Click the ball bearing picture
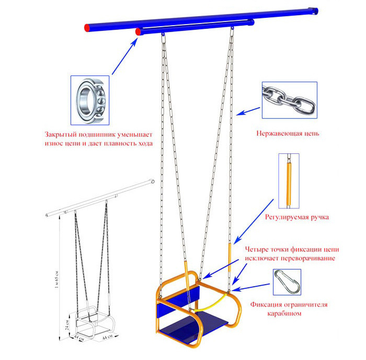point(90,100)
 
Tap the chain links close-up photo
point(290,100)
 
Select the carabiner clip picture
point(287,282)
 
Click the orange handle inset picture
point(289,181)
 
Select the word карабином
point(284,313)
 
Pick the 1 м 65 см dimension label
point(56,279)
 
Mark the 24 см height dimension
point(67,325)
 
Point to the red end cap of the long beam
point(87,28)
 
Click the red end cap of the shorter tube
point(138,31)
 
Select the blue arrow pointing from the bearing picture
point(124,56)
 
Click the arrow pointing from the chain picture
point(248,111)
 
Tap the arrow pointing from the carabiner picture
point(250,287)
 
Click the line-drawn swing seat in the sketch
point(95,322)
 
